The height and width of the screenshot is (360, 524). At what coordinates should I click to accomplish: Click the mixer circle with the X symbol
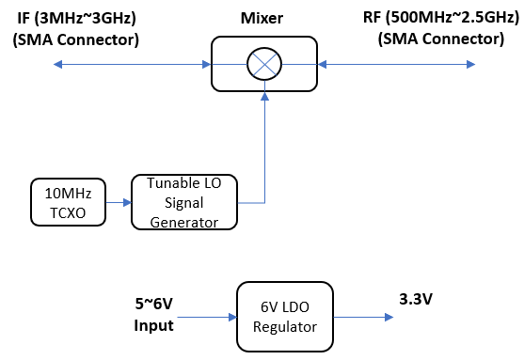(x=260, y=64)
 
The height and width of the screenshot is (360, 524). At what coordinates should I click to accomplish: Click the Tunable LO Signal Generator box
(x=184, y=201)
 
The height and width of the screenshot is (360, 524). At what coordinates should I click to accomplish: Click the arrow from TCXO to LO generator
(x=115, y=201)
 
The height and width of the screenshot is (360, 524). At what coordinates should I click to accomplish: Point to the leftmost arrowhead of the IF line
(x=57, y=64)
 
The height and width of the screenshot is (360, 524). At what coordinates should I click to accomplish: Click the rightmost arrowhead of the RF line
(x=469, y=64)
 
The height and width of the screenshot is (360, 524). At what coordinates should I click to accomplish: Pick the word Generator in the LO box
(x=184, y=222)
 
